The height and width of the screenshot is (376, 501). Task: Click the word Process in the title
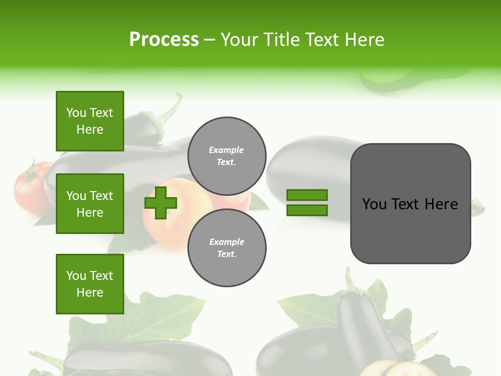coord(164,39)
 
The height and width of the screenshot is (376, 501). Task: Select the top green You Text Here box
coord(90,121)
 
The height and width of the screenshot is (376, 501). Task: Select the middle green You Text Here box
coord(90,204)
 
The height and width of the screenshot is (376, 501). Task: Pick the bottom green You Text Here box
coord(90,284)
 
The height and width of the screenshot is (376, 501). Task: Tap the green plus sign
coord(161,203)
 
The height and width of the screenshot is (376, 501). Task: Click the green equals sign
coord(307,203)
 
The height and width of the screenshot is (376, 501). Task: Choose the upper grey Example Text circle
coord(226,156)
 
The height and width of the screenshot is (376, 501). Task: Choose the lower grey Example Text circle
coord(226,248)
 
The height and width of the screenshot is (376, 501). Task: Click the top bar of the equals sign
coord(307,195)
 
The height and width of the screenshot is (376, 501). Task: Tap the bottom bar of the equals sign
coord(307,210)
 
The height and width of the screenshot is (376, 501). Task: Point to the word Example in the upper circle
coord(226,150)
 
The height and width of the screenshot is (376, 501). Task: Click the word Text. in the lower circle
coord(226,254)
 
